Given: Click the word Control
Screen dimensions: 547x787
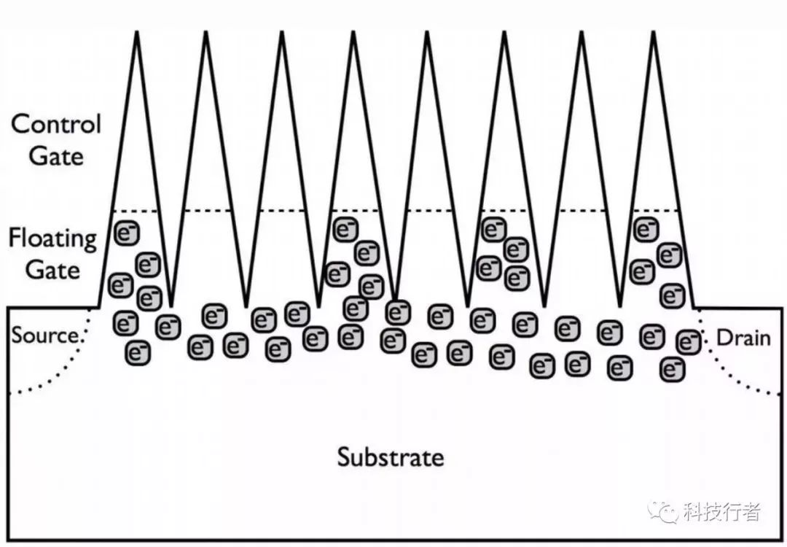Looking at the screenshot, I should (x=55, y=124).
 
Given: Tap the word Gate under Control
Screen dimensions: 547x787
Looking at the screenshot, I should (x=56, y=156).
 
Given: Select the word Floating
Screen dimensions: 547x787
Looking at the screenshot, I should (x=52, y=238).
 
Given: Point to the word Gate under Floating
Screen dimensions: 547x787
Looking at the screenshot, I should (x=52, y=270).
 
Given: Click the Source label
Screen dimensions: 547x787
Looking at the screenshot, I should (x=44, y=336).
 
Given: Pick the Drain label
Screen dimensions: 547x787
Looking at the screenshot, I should (x=743, y=338).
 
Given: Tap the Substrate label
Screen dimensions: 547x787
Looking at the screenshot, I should (x=390, y=457).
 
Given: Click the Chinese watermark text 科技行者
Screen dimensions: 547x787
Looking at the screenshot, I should (x=722, y=512).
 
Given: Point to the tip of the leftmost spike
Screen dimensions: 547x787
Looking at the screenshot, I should (x=137, y=34).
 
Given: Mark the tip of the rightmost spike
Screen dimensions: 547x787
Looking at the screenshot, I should (x=652, y=34).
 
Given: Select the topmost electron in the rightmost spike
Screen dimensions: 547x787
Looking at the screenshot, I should (x=643, y=228).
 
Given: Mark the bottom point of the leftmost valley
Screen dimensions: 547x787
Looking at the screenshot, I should (x=171, y=305).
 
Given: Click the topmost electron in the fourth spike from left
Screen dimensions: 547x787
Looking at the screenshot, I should (x=345, y=229).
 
